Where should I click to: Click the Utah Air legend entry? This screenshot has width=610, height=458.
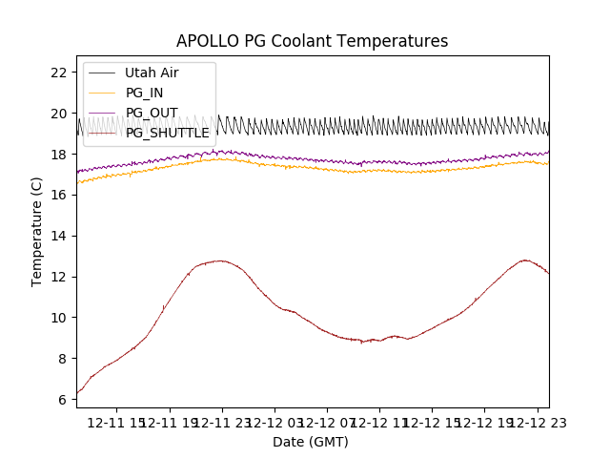(x=151, y=73)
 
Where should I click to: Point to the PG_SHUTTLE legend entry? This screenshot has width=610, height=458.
(x=167, y=133)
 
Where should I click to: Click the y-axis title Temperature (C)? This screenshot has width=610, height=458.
(x=37, y=231)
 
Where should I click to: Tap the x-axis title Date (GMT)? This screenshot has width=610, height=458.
(x=311, y=442)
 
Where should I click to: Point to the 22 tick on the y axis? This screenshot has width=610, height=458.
(x=58, y=73)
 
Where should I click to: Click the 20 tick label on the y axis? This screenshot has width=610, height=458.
(x=58, y=114)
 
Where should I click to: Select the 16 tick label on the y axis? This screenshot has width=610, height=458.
(x=58, y=195)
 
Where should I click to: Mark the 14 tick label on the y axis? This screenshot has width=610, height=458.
(x=58, y=236)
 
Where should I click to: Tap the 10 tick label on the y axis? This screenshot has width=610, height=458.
(x=58, y=318)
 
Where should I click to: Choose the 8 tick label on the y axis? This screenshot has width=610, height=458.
(x=62, y=359)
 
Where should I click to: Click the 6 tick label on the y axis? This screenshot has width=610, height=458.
(x=62, y=400)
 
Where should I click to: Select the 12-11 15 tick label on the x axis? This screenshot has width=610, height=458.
(x=117, y=422)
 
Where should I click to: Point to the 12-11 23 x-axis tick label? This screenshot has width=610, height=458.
(x=222, y=422)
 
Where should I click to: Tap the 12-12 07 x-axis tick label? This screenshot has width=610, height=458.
(x=327, y=422)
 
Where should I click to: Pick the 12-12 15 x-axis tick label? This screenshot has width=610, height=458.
(x=432, y=422)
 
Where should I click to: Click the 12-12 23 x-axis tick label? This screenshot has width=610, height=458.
(x=537, y=422)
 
